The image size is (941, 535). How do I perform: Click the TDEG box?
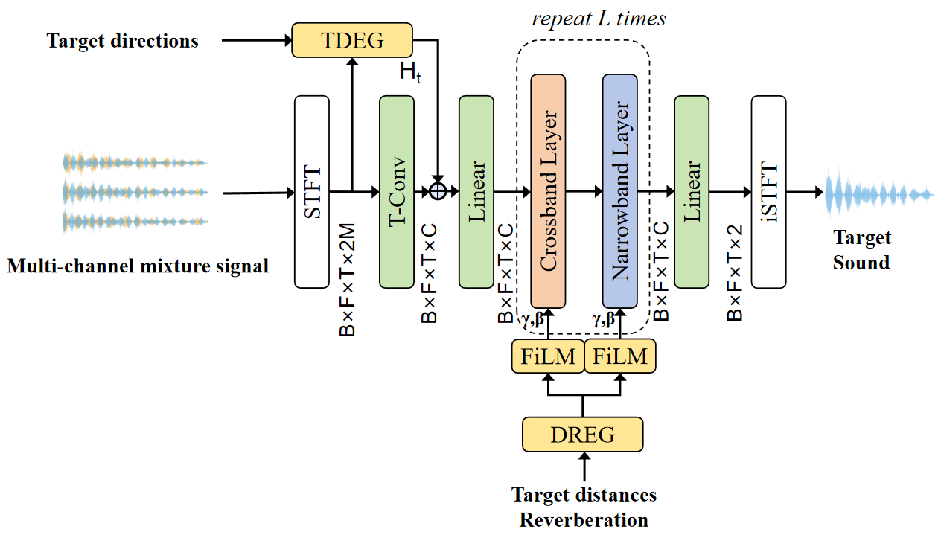tap(352, 40)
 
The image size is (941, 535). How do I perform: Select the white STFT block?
tap(312, 192)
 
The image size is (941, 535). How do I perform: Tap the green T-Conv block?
tap(397, 192)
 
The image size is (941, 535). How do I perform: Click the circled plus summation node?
tap(438, 192)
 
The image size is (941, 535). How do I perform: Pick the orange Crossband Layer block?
tap(548, 191)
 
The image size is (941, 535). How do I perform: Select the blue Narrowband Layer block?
tap(619, 191)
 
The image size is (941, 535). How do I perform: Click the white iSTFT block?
tap(768, 192)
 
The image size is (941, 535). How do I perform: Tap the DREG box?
tap(583, 435)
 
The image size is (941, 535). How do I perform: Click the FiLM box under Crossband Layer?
tap(548, 356)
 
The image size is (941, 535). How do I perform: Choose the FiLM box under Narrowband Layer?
tap(620, 356)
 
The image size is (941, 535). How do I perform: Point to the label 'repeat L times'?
tap(599, 19)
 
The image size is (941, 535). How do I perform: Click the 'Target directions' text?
tap(122, 41)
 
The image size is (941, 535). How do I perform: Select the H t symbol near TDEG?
tap(410, 72)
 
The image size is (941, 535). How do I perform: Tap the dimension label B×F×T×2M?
tap(348, 280)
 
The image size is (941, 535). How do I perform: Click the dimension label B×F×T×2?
tap(735, 273)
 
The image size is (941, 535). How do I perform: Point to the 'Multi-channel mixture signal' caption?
tap(138, 266)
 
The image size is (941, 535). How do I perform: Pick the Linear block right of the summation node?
tap(476, 192)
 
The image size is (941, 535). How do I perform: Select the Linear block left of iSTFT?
tap(692, 192)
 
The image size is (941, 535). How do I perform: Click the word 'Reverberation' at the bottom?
tap(584, 520)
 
